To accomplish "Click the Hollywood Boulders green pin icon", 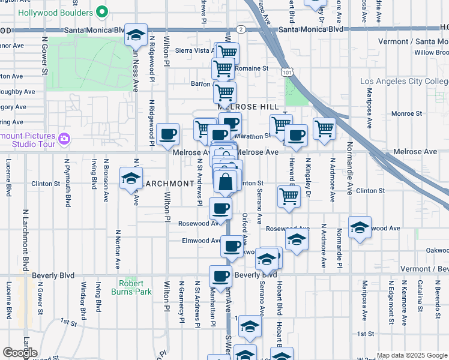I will pyautogui.click(x=102, y=12).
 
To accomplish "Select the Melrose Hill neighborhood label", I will pyautogui.click(x=252, y=106).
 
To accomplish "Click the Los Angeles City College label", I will pyautogui.click(x=404, y=82).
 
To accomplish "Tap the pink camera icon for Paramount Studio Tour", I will pyautogui.click(x=64, y=139).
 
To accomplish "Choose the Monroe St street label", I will pyautogui.click(x=406, y=113).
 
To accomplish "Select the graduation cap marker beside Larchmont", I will pyautogui.click(x=130, y=179).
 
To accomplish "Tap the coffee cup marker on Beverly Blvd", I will pyautogui.click(x=220, y=276).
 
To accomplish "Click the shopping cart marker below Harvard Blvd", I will pyautogui.click(x=289, y=196).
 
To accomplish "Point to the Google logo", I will pyautogui.click(x=20, y=353).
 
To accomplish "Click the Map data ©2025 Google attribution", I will pyautogui.click(x=412, y=355).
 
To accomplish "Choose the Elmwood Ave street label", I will pyautogui.click(x=202, y=241).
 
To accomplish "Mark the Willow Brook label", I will pyautogui.click(x=431, y=53).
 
